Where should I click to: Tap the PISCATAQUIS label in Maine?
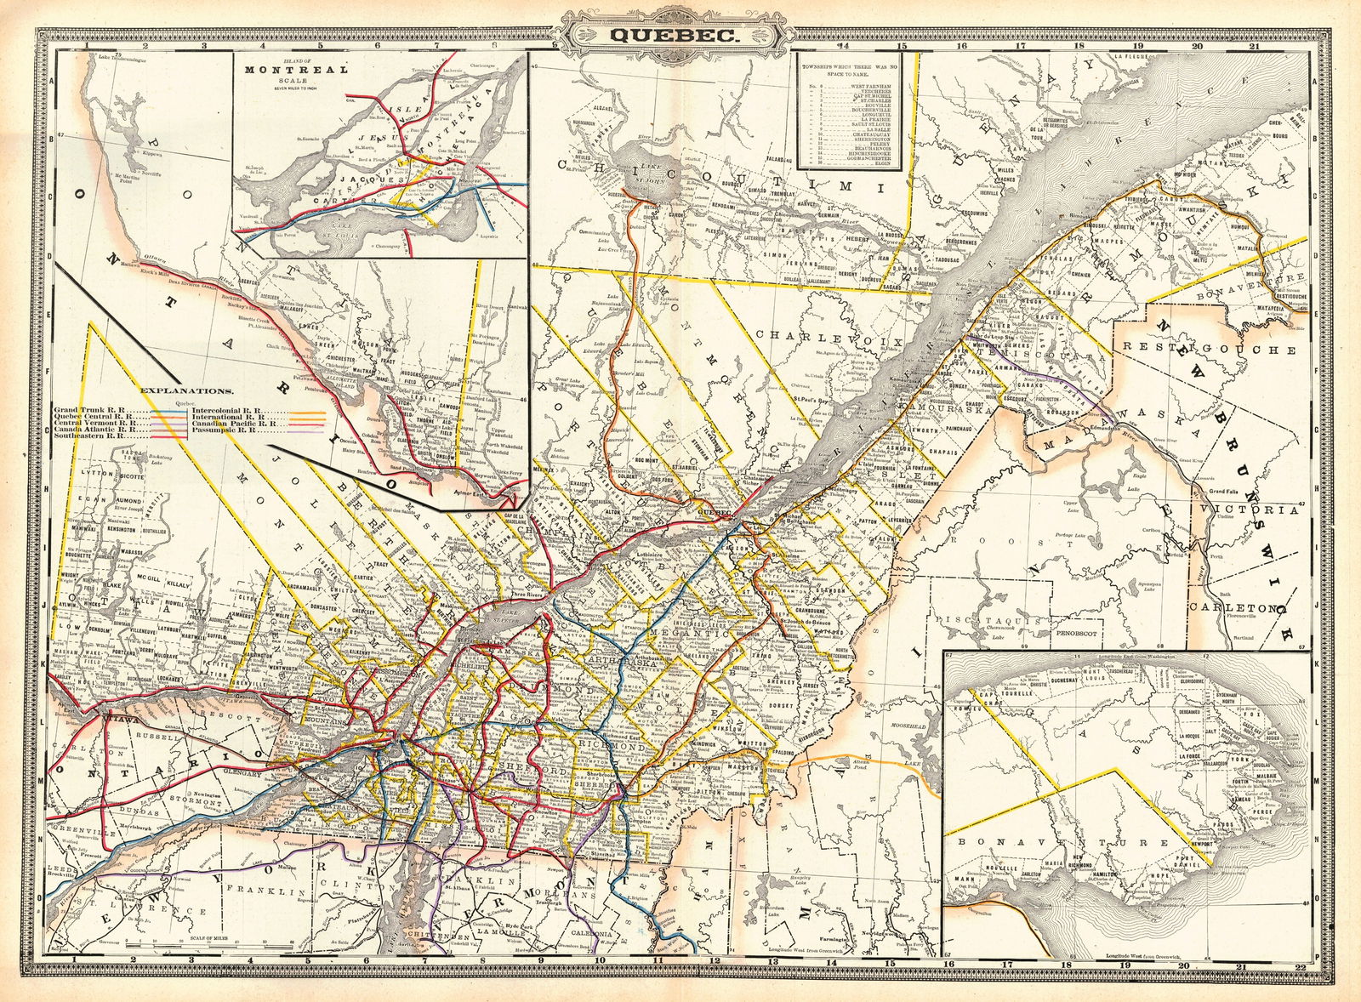pyautogui.click(x=988, y=623)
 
